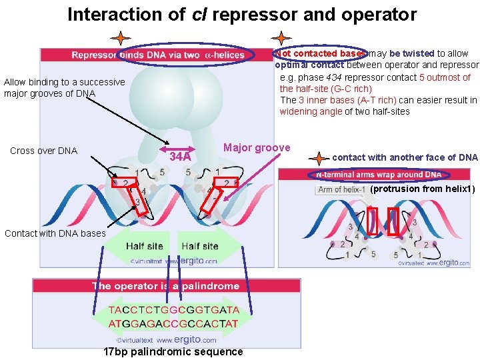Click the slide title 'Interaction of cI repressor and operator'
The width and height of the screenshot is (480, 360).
click(x=241, y=15)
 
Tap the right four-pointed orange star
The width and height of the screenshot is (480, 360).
click(x=282, y=39)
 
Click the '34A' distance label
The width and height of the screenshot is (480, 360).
click(x=181, y=157)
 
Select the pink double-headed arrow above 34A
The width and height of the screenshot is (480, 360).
click(x=181, y=148)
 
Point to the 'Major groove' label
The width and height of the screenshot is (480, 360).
click(x=257, y=147)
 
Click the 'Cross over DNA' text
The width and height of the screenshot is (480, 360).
click(x=44, y=151)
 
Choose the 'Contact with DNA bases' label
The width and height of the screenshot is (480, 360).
click(x=55, y=233)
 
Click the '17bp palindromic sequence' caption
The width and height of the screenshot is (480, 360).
click(x=173, y=351)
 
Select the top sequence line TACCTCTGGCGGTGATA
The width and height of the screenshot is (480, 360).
click(x=173, y=311)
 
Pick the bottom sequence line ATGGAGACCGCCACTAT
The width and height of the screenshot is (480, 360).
click(x=173, y=324)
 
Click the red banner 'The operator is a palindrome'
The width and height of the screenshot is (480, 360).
click(x=165, y=286)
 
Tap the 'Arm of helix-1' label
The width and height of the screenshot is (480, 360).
click(x=341, y=190)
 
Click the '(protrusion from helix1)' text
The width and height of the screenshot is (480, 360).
click(x=423, y=189)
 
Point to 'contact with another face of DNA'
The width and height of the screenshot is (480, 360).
click(x=405, y=157)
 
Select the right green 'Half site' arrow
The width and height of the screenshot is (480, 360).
click(x=203, y=246)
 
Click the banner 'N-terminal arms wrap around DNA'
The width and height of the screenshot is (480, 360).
click(x=378, y=175)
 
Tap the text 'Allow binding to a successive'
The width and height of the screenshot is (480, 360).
click(x=64, y=82)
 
